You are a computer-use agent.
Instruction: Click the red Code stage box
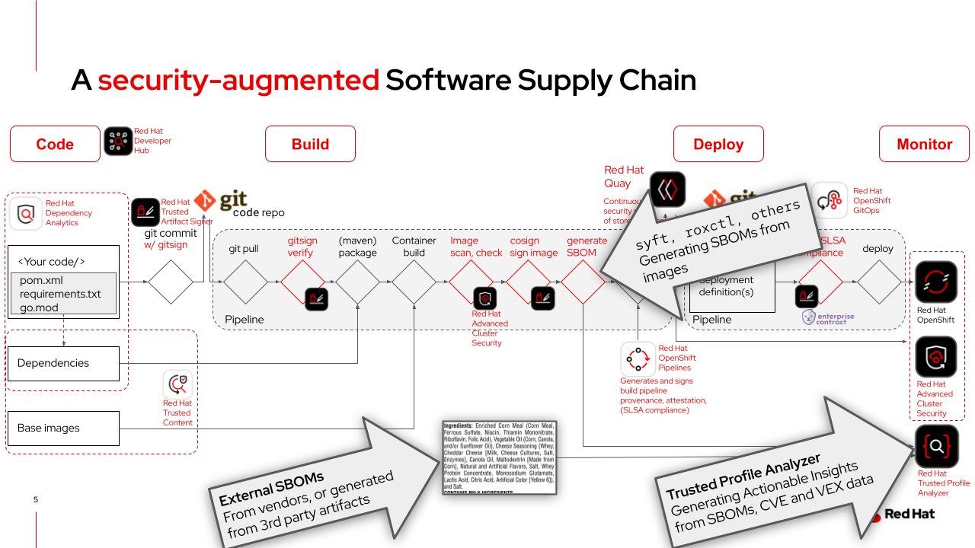[x=55, y=144]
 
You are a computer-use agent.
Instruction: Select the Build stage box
[x=310, y=144]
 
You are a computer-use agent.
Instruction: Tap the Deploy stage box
[x=718, y=144]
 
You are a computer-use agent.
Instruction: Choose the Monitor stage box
[x=924, y=144]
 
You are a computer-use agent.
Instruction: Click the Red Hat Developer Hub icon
[x=118, y=142]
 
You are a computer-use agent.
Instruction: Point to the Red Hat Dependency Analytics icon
[x=26, y=214]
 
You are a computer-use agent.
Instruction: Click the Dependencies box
[x=63, y=363]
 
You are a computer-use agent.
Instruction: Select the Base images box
[x=63, y=428]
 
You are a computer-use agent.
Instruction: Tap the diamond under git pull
[x=245, y=282]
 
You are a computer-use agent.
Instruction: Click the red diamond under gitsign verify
[x=302, y=282]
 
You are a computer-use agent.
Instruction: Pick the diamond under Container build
[x=414, y=282]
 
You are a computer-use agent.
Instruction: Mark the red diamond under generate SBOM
[x=583, y=282]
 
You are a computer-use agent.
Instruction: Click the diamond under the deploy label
[x=878, y=282]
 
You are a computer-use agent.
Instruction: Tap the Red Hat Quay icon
[x=667, y=190]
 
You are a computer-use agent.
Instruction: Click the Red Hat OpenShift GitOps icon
[x=830, y=201]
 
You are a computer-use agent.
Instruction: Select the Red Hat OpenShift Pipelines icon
[x=638, y=358]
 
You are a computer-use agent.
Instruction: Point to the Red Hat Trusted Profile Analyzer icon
[x=936, y=447]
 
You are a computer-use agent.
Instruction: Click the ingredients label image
[x=499, y=457]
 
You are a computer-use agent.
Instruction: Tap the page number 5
[x=35, y=500]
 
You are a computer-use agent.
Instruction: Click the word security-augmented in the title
[x=238, y=80]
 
